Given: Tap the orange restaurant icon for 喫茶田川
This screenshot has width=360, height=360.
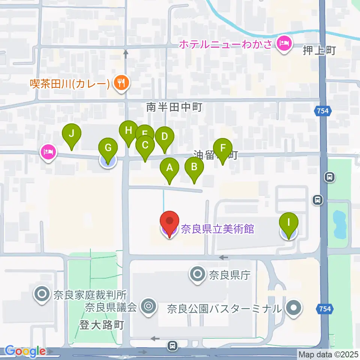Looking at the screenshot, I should [121, 83].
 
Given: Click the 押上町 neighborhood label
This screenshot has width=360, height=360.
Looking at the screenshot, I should [319, 51].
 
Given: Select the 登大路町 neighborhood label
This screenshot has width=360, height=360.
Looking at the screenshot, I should [101, 324].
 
